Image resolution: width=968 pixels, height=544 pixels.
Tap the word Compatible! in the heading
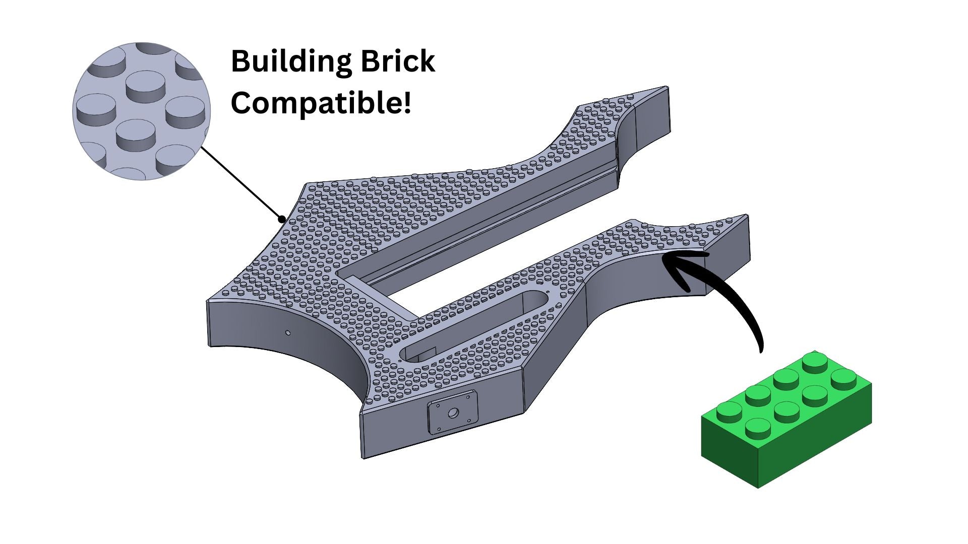[321, 103]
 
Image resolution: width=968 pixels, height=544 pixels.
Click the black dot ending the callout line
[282, 219]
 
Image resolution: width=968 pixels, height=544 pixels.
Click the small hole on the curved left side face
[287, 332]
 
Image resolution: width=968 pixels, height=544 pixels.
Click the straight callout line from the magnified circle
[242, 184]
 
